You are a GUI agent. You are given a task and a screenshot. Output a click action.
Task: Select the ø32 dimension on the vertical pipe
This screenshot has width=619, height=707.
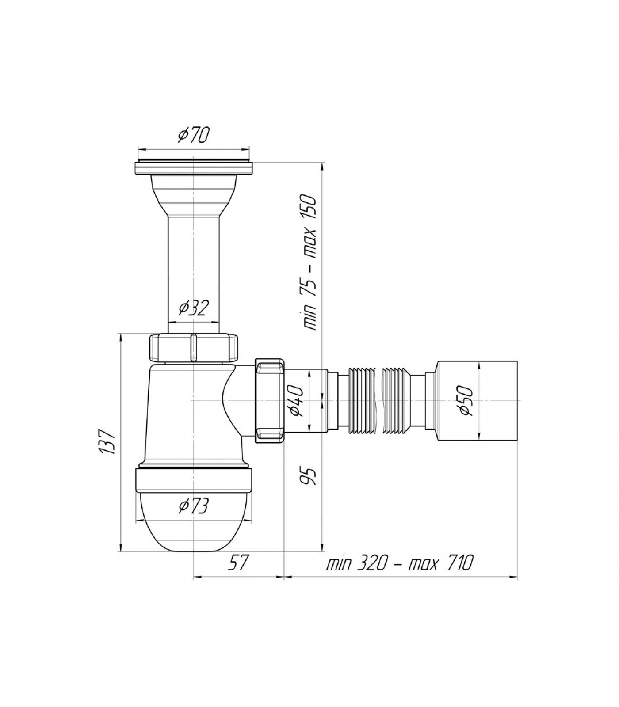[193, 308]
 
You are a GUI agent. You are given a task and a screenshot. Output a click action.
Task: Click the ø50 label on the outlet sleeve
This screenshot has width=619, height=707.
[466, 400]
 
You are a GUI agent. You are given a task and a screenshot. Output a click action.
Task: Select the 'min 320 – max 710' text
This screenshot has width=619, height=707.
[400, 563]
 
